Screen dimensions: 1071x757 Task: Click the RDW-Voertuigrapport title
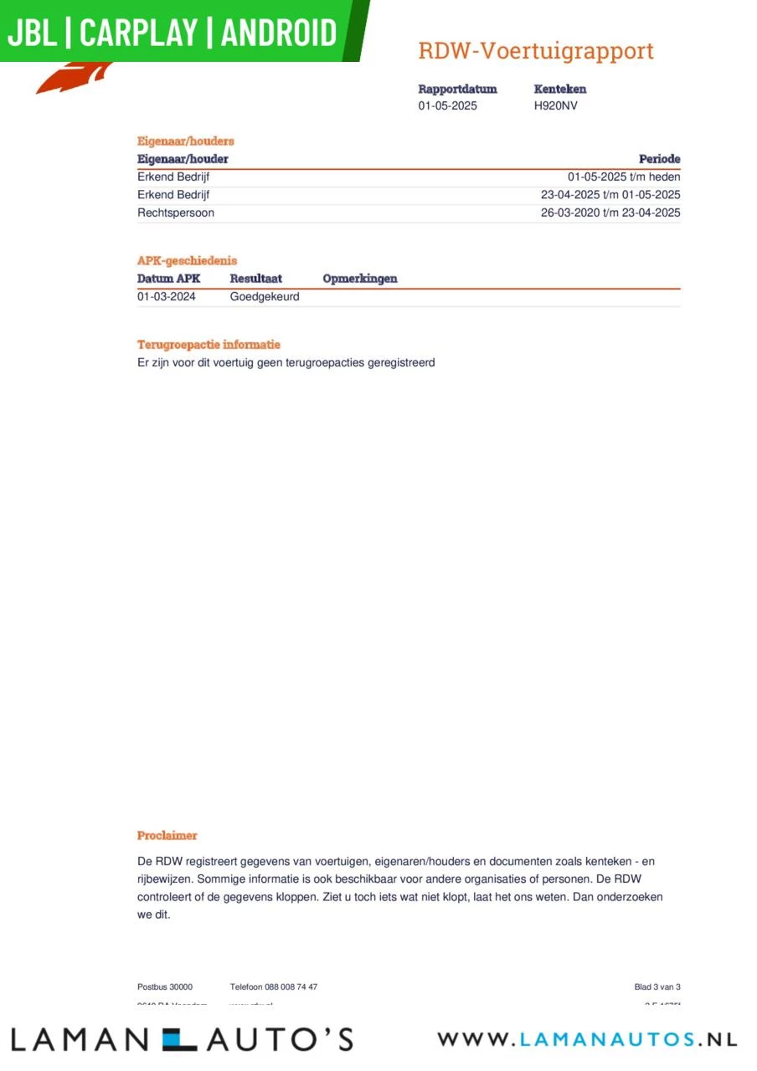(535, 51)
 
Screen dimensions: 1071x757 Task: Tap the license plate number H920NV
(555, 106)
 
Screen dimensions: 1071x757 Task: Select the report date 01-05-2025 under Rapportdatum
(448, 106)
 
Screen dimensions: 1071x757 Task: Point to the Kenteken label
(559, 89)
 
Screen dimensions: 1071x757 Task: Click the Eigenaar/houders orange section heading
(186, 141)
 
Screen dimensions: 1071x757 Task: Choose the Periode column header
(659, 159)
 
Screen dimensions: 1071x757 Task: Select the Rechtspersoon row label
(176, 213)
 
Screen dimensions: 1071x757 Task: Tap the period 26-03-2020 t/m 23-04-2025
(610, 213)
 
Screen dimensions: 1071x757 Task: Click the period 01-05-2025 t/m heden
(624, 177)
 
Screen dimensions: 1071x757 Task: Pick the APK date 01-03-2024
(167, 296)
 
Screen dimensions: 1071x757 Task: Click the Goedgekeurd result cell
(265, 296)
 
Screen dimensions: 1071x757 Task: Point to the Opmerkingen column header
(360, 279)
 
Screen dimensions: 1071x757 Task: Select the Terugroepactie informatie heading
(209, 345)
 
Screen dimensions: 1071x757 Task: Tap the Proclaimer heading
(167, 835)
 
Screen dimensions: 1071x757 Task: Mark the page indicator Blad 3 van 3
(657, 987)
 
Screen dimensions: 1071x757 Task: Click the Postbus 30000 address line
(165, 987)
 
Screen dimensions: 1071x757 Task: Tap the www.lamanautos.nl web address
(587, 1039)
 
